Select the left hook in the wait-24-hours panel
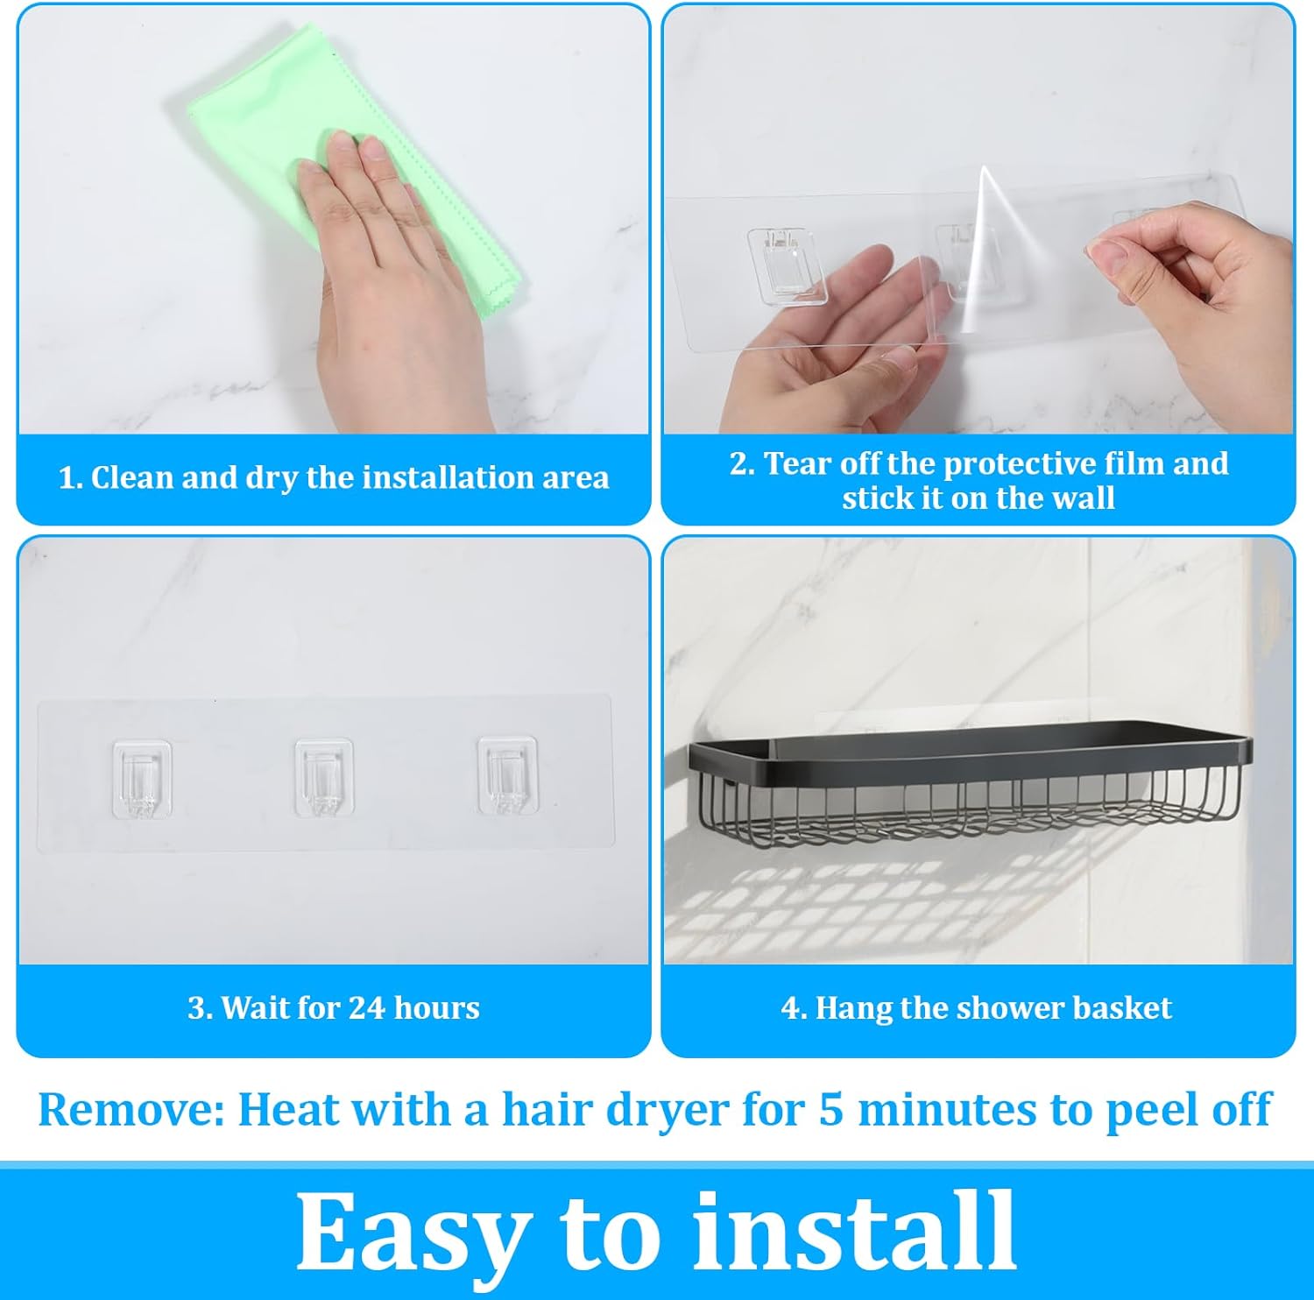142,778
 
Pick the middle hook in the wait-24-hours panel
324,777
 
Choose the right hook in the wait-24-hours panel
506,775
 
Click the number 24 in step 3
368,1008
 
